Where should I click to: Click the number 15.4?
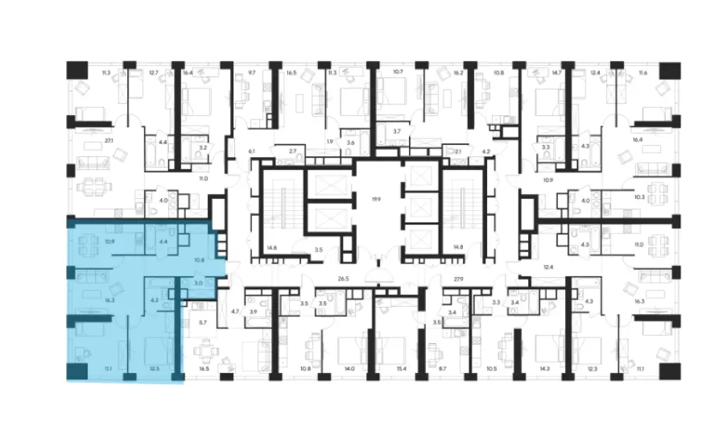coord(402,368)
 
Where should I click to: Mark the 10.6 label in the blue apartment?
coord(199,259)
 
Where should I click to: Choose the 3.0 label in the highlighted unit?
coord(199,284)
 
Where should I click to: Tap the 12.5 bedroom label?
coord(155,368)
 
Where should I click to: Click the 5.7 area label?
coord(202,324)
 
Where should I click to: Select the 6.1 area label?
coord(251,151)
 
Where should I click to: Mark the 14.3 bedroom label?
coord(545,368)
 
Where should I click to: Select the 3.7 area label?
coord(397,131)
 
